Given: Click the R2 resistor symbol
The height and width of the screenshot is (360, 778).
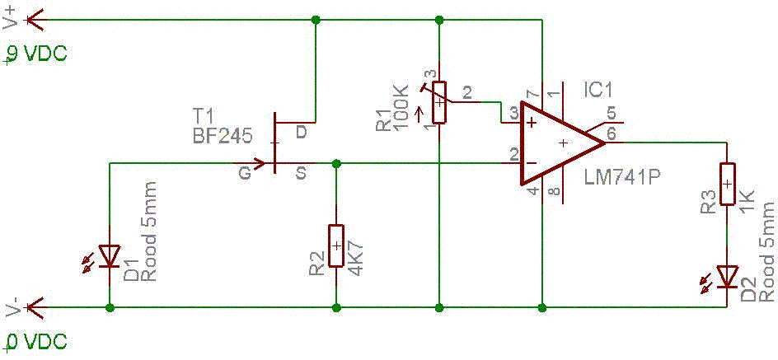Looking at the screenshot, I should (x=335, y=245).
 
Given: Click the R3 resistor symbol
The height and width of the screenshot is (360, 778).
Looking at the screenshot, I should (x=726, y=184).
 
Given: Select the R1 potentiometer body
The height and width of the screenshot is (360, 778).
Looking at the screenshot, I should (x=439, y=102).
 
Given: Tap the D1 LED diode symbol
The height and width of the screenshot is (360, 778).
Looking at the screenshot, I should (x=110, y=256).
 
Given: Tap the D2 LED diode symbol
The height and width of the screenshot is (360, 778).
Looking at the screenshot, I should (x=726, y=276).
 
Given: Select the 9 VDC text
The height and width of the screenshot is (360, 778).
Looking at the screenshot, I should (x=36, y=55).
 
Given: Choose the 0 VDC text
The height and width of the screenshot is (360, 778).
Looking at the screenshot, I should (x=36, y=342).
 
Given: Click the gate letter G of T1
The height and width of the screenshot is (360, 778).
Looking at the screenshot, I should (x=245, y=174).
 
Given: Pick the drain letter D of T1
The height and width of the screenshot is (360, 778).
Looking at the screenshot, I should (x=302, y=132).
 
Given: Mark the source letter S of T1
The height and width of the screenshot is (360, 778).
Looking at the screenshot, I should (x=301, y=172).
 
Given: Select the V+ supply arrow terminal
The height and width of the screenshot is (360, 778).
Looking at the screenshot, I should (x=33, y=19).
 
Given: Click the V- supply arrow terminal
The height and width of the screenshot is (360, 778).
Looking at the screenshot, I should (x=33, y=307).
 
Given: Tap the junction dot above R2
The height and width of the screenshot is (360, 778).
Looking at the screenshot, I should (x=335, y=163).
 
